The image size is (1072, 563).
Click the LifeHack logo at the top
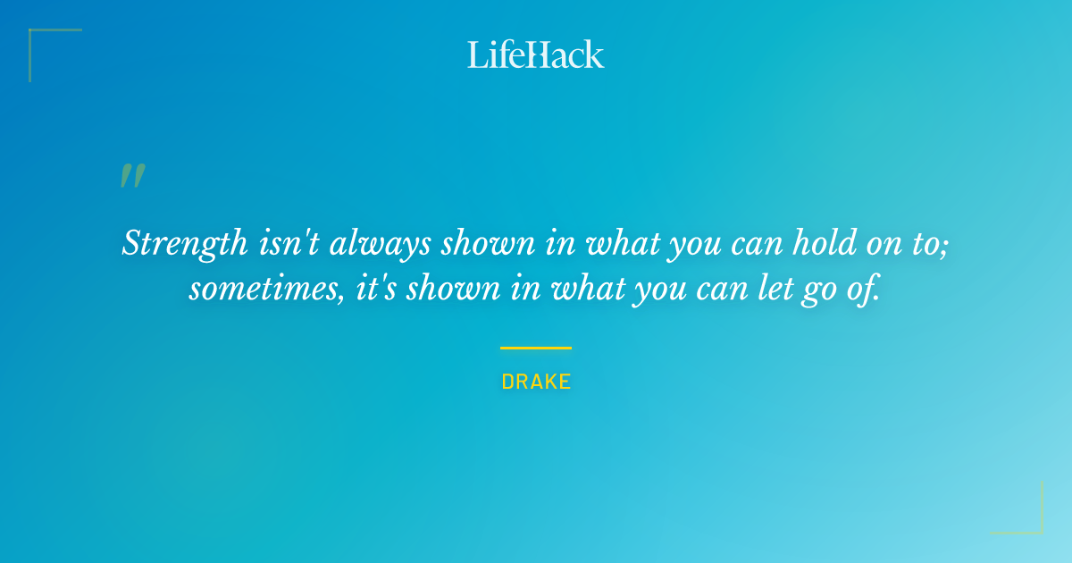[535, 55]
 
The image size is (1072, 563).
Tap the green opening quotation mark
[132, 176]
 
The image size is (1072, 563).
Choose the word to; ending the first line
[932, 244]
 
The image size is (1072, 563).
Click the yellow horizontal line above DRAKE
[535, 348]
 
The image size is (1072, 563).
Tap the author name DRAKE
[536, 382]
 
